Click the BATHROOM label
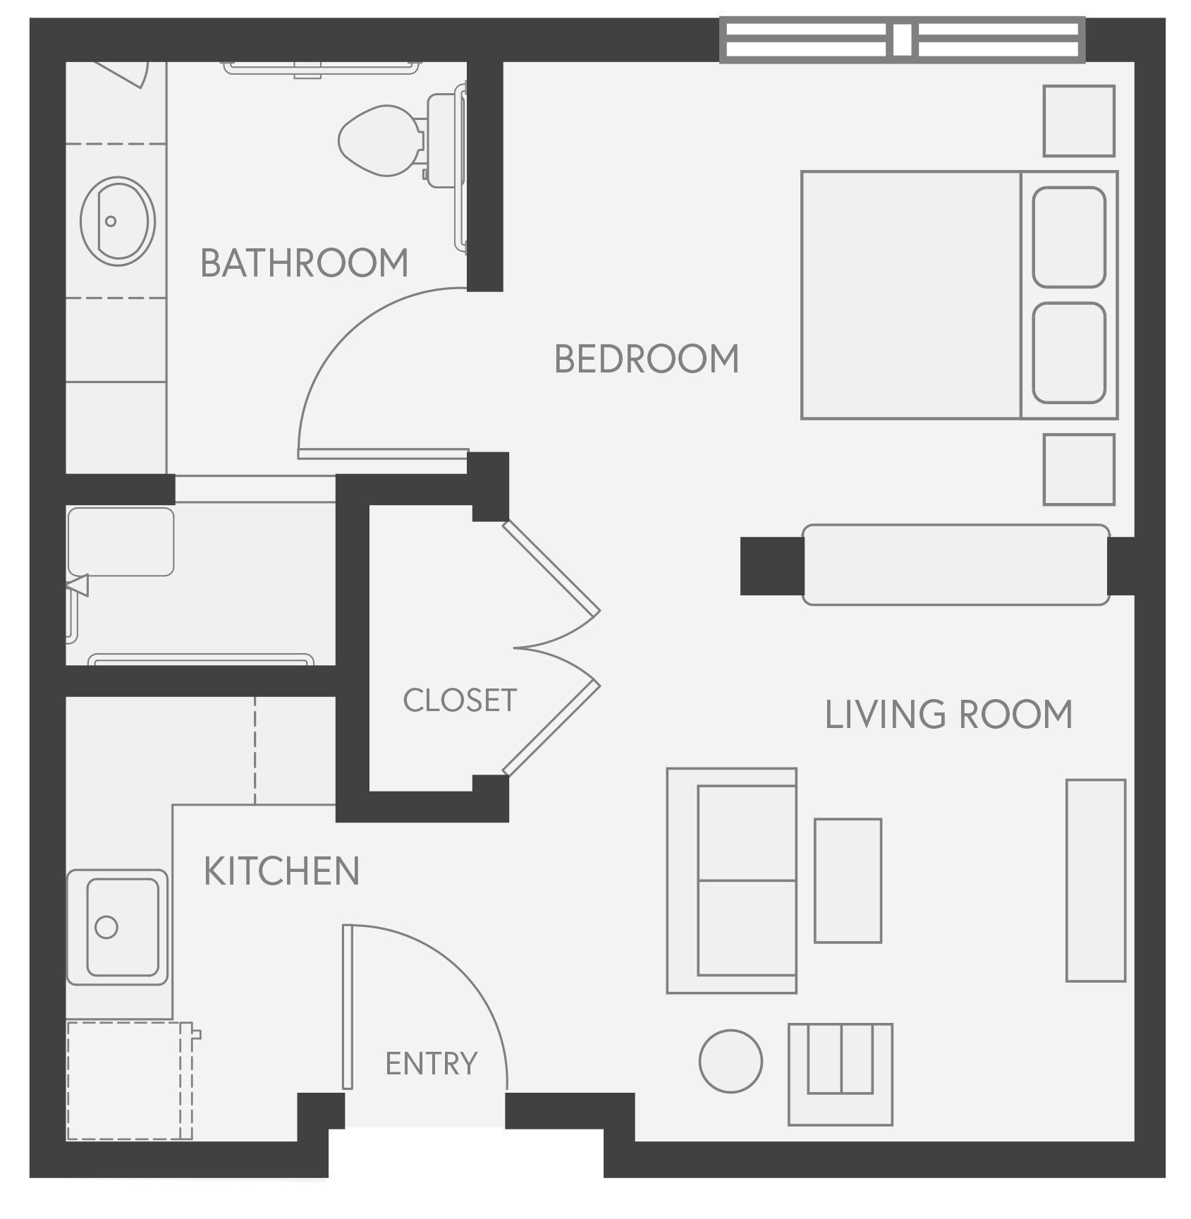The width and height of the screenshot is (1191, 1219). click(x=304, y=263)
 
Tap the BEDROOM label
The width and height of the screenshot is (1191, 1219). click(x=646, y=359)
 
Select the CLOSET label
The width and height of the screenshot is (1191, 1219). click(x=460, y=701)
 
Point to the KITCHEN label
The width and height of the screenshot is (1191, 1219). click(x=281, y=871)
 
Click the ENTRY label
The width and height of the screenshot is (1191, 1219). click(x=431, y=1063)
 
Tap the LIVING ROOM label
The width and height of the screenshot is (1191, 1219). click(x=948, y=715)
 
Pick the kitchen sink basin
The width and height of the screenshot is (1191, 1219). click(x=121, y=927)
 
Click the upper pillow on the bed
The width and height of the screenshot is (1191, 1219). click(x=1068, y=237)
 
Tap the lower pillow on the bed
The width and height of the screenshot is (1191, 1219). click(x=1068, y=353)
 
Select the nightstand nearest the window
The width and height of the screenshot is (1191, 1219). click(x=1078, y=121)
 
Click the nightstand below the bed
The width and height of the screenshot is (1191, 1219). click(x=1078, y=469)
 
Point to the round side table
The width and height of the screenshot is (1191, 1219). click(x=731, y=1061)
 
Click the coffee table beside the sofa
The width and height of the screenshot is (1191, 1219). click(x=848, y=880)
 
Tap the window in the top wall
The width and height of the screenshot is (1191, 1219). click(x=902, y=40)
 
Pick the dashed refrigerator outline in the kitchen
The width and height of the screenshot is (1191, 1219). click(x=129, y=1079)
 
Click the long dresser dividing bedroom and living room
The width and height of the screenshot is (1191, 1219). click(x=955, y=564)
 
